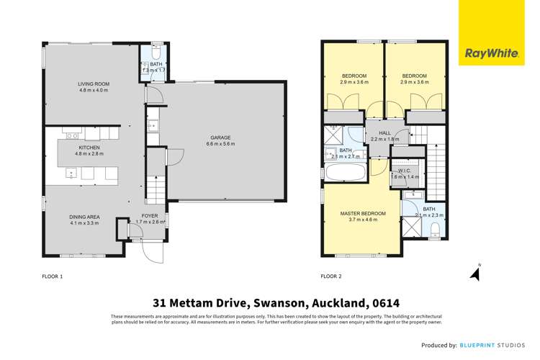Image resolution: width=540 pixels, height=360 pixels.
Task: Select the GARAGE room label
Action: click(220, 137)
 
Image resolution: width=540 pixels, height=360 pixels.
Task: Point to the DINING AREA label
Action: click(84, 217)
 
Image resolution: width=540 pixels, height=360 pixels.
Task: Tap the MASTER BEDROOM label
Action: click(363, 214)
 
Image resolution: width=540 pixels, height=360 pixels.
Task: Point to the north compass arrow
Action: click(474, 272)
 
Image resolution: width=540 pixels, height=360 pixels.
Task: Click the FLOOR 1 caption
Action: click(53, 276)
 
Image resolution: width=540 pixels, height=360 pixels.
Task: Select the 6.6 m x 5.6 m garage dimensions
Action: click(220, 144)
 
